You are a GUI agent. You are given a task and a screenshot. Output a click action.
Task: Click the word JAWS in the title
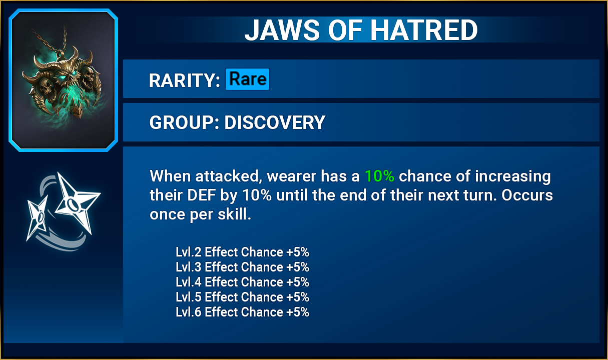tap(282, 30)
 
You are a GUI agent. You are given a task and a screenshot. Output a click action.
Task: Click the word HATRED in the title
tap(424, 30)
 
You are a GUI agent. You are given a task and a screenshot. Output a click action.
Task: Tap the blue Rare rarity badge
tap(248, 79)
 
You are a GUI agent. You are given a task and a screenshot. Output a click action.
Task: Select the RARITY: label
tap(184, 80)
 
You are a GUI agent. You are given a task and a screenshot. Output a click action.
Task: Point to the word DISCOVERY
tap(275, 122)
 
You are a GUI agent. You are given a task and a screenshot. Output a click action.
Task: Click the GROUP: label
tap(184, 122)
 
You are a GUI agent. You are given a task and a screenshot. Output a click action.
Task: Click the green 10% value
tap(379, 176)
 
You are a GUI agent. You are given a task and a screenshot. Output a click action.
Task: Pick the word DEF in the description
tap(201, 195)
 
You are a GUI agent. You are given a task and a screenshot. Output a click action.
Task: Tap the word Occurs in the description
tap(527, 195)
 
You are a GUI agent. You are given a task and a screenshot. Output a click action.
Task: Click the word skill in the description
tap(234, 214)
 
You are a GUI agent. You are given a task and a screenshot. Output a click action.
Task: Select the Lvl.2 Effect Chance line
tap(242, 252)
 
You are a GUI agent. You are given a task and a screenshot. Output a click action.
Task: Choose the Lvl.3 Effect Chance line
tap(242, 267)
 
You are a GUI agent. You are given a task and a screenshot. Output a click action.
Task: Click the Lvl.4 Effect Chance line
tap(242, 282)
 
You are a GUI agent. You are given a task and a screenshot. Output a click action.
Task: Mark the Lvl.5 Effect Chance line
tap(242, 297)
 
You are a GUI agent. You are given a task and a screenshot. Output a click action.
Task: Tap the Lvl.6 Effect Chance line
tap(242, 312)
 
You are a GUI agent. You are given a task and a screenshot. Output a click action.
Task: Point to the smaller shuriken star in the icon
tap(38, 217)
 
